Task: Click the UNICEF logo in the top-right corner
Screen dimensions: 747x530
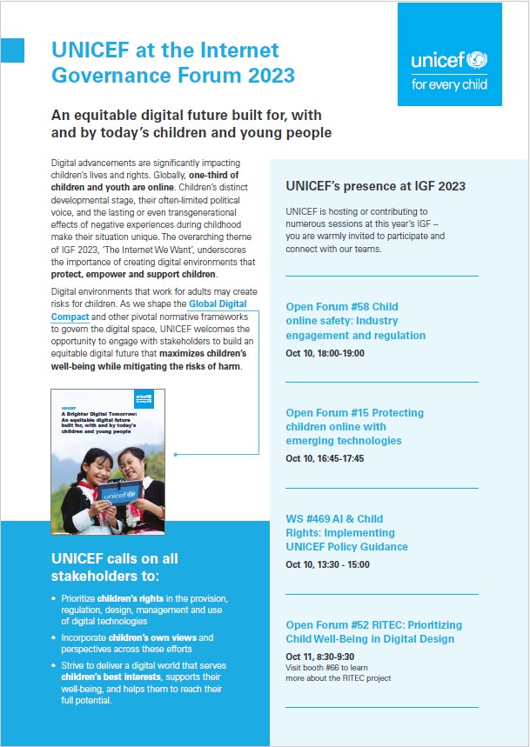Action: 449,61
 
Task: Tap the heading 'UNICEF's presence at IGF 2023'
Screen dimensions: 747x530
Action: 375,186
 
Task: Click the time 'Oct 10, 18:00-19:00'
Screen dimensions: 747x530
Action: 325,353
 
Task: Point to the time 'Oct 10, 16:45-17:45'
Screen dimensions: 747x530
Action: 325,458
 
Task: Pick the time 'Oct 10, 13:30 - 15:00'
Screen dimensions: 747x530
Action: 328,564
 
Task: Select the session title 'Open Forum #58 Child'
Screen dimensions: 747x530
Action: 341,307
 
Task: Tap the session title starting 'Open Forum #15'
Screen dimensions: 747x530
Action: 354,413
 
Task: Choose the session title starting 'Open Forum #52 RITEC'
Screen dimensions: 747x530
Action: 373,625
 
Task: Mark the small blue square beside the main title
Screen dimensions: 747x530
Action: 12,51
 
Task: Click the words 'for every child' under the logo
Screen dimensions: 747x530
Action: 449,85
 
